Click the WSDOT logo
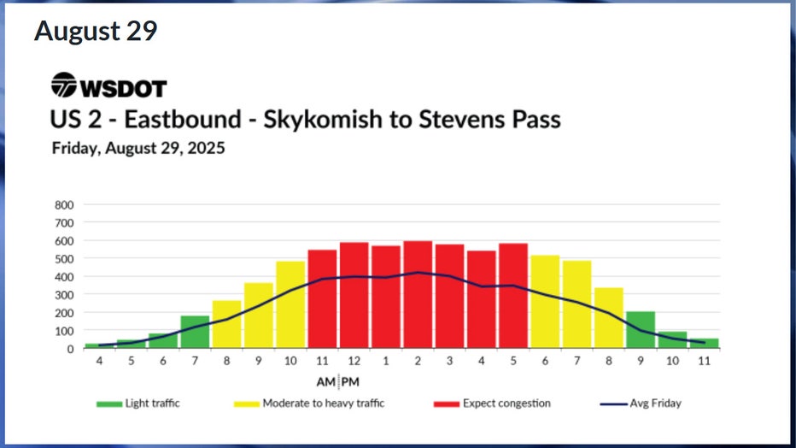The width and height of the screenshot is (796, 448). (x=108, y=86)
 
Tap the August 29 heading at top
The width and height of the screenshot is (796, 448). (x=96, y=32)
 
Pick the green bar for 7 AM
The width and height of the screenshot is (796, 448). (x=195, y=333)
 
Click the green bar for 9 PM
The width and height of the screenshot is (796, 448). (x=641, y=330)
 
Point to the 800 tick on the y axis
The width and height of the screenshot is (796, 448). (x=65, y=205)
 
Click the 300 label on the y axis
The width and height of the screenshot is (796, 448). (x=65, y=295)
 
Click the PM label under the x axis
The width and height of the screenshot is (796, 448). (x=350, y=380)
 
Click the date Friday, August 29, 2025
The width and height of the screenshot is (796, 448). (x=138, y=149)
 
